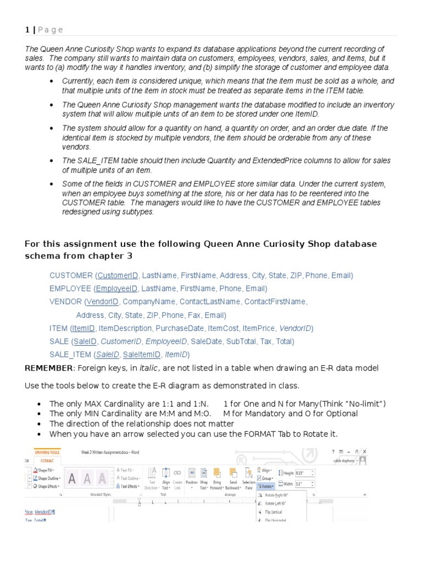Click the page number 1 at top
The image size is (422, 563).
tap(27, 30)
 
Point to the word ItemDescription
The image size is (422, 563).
tap(124, 328)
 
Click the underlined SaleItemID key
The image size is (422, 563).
tap(142, 355)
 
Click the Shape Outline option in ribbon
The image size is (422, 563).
tap(48, 478)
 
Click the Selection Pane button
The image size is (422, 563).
tap(248, 478)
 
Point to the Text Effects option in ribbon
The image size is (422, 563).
tap(129, 486)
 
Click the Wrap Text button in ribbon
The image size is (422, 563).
tap(204, 478)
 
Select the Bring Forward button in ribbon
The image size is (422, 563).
tap(218, 478)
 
